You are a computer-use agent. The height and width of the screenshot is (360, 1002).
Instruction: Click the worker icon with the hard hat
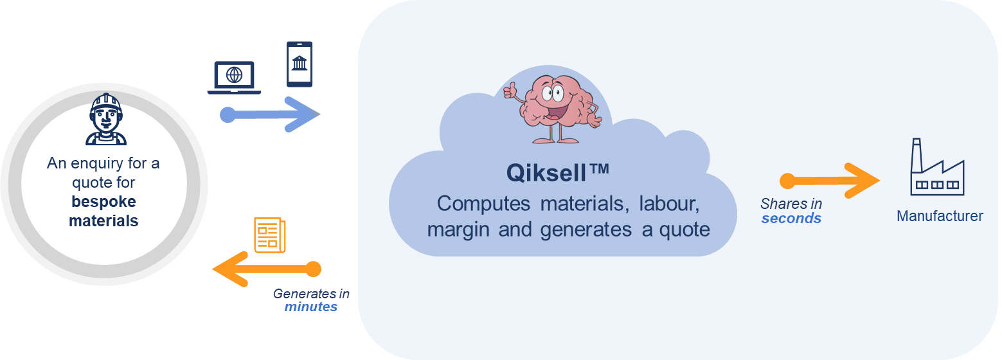106,119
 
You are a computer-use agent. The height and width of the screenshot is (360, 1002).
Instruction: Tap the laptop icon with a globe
234,77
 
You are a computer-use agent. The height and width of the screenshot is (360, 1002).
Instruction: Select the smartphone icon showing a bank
300,64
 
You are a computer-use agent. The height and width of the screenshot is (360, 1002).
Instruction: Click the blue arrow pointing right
270,114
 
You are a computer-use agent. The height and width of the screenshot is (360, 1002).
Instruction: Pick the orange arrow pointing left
267,269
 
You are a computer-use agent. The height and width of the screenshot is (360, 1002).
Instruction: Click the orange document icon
270,235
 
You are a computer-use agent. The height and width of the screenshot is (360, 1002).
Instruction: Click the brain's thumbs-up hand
510,91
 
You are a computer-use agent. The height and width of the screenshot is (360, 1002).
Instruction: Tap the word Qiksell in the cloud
546,173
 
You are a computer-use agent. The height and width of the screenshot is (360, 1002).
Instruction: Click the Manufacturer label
940,216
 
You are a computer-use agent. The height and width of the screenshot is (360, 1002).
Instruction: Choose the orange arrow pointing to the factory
830,181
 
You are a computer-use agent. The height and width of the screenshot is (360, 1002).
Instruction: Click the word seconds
791,218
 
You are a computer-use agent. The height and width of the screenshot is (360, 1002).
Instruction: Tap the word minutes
311,307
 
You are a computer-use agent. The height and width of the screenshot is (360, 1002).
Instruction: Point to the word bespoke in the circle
103,202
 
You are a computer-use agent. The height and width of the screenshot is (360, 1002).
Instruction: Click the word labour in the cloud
668,204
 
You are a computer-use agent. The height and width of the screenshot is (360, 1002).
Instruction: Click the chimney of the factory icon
917,154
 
